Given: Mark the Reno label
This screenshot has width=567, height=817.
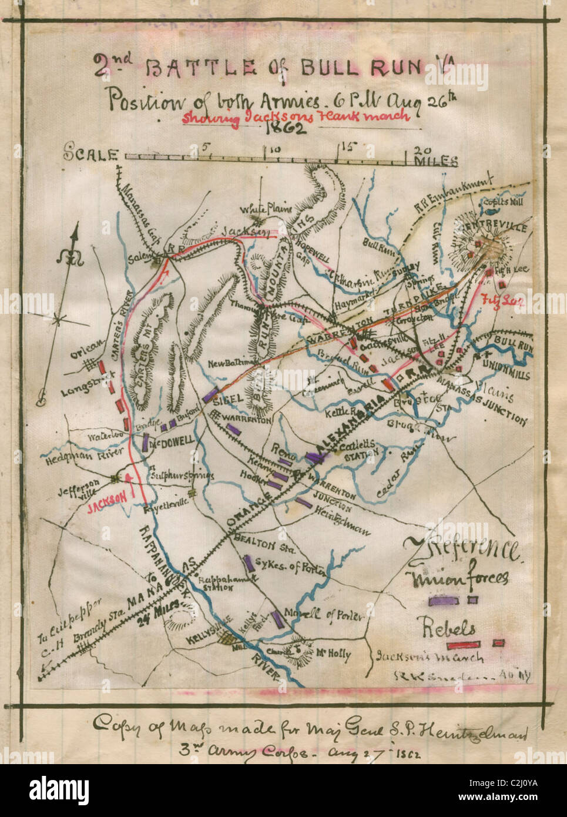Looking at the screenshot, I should [282, 449].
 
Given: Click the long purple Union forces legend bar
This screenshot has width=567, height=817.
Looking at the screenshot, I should [444, 601].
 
